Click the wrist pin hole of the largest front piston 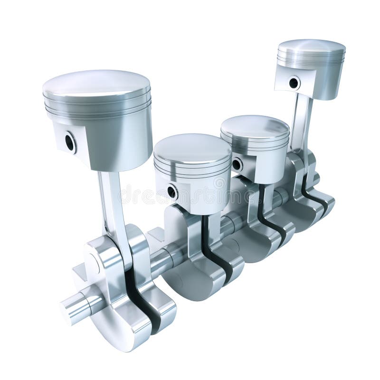point(70,142)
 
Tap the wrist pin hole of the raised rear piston point(294,83)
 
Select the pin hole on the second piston point(171,192)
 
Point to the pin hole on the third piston point(236,164)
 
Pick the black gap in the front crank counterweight point(142,304)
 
